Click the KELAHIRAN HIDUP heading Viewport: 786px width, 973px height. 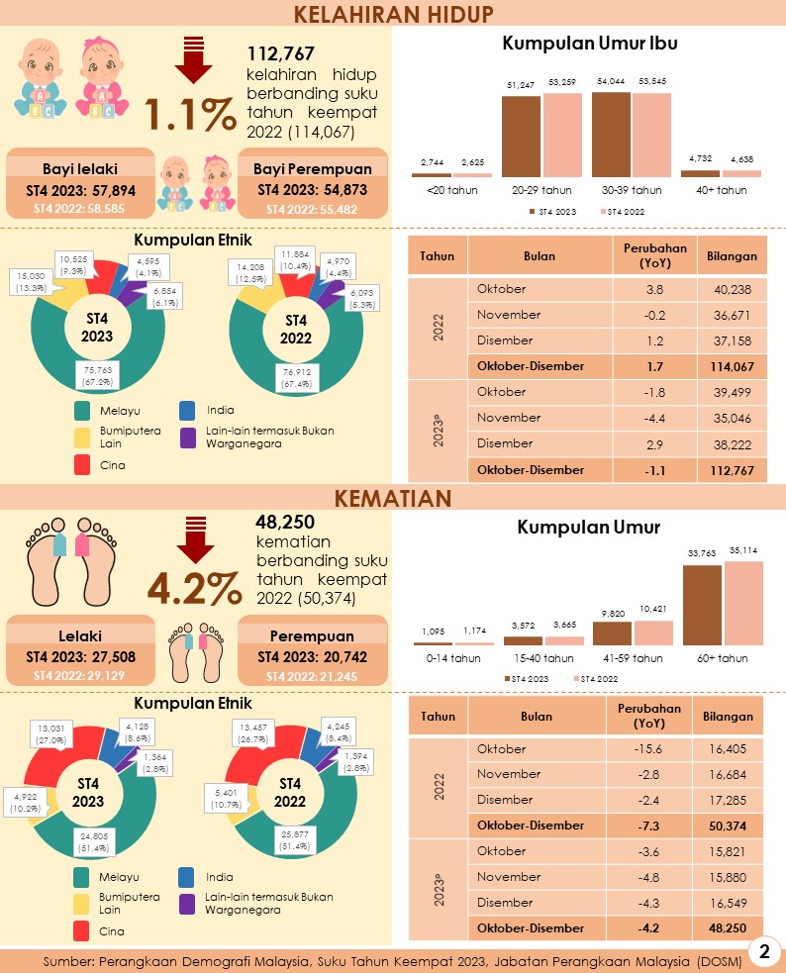point(393,13)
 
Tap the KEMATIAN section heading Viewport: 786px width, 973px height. point(393,496)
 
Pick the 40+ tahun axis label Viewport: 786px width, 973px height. point(720,190)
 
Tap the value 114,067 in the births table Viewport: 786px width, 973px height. point(732,366)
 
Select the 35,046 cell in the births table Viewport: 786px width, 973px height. point(732,418)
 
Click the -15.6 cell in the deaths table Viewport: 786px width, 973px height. point(645,749)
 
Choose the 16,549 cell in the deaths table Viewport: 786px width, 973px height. point(732,903)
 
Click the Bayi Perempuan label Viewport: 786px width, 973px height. point(312,168)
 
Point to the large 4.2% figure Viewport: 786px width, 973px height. point(194,591)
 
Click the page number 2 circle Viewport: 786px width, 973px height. point(763,952)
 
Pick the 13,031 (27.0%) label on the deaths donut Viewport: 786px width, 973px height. point(50,732)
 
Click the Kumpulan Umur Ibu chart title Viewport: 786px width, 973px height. point(589,43)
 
